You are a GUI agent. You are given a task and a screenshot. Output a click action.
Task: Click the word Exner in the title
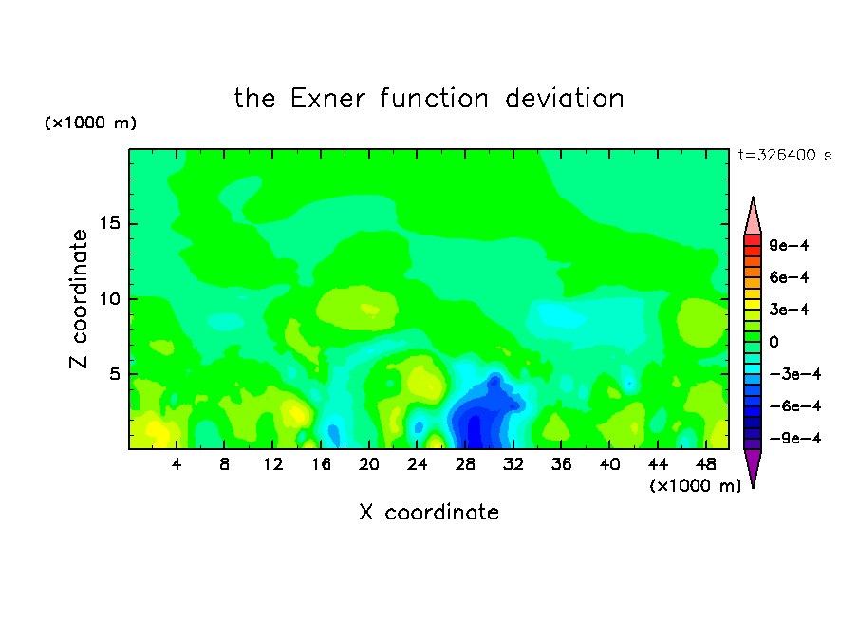coord(327,99)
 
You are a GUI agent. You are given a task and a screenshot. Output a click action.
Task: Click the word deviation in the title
coord(564,99)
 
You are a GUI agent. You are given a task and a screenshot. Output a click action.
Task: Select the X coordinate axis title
coord(429,512)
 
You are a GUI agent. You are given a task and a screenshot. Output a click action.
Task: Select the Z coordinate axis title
coord(79,299)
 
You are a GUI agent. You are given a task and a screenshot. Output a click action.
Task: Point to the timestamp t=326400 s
coord(785,155)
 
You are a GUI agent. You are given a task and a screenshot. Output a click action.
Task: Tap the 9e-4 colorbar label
coord(789,245)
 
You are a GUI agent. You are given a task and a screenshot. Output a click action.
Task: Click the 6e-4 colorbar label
coord(789,277)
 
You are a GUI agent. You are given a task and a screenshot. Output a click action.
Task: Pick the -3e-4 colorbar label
coord(795,374)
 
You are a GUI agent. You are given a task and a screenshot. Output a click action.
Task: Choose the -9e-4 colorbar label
coord(795,438)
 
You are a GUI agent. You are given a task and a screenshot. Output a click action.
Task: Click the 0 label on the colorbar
coord(774,342)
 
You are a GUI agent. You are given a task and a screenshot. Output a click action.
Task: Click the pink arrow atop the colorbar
coord(753,216)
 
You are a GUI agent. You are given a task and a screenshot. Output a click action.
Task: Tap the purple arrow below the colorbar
coord(753,468)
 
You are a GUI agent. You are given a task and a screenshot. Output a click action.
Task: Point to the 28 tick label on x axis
coord(465,464)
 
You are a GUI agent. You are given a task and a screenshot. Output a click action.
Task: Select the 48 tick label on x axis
coord(706,464)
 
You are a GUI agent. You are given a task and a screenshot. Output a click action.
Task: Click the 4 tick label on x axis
coord(177,464)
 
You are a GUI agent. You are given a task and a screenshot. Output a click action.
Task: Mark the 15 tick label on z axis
coord(110,223)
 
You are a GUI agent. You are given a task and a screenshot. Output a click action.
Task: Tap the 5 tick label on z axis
coord(114,374)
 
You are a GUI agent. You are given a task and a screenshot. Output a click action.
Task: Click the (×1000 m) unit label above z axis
coord(90,122)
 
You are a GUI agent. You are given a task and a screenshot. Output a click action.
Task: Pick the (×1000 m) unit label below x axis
coord(695,485)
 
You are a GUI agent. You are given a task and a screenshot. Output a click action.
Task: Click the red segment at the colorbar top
coord(753,240)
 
